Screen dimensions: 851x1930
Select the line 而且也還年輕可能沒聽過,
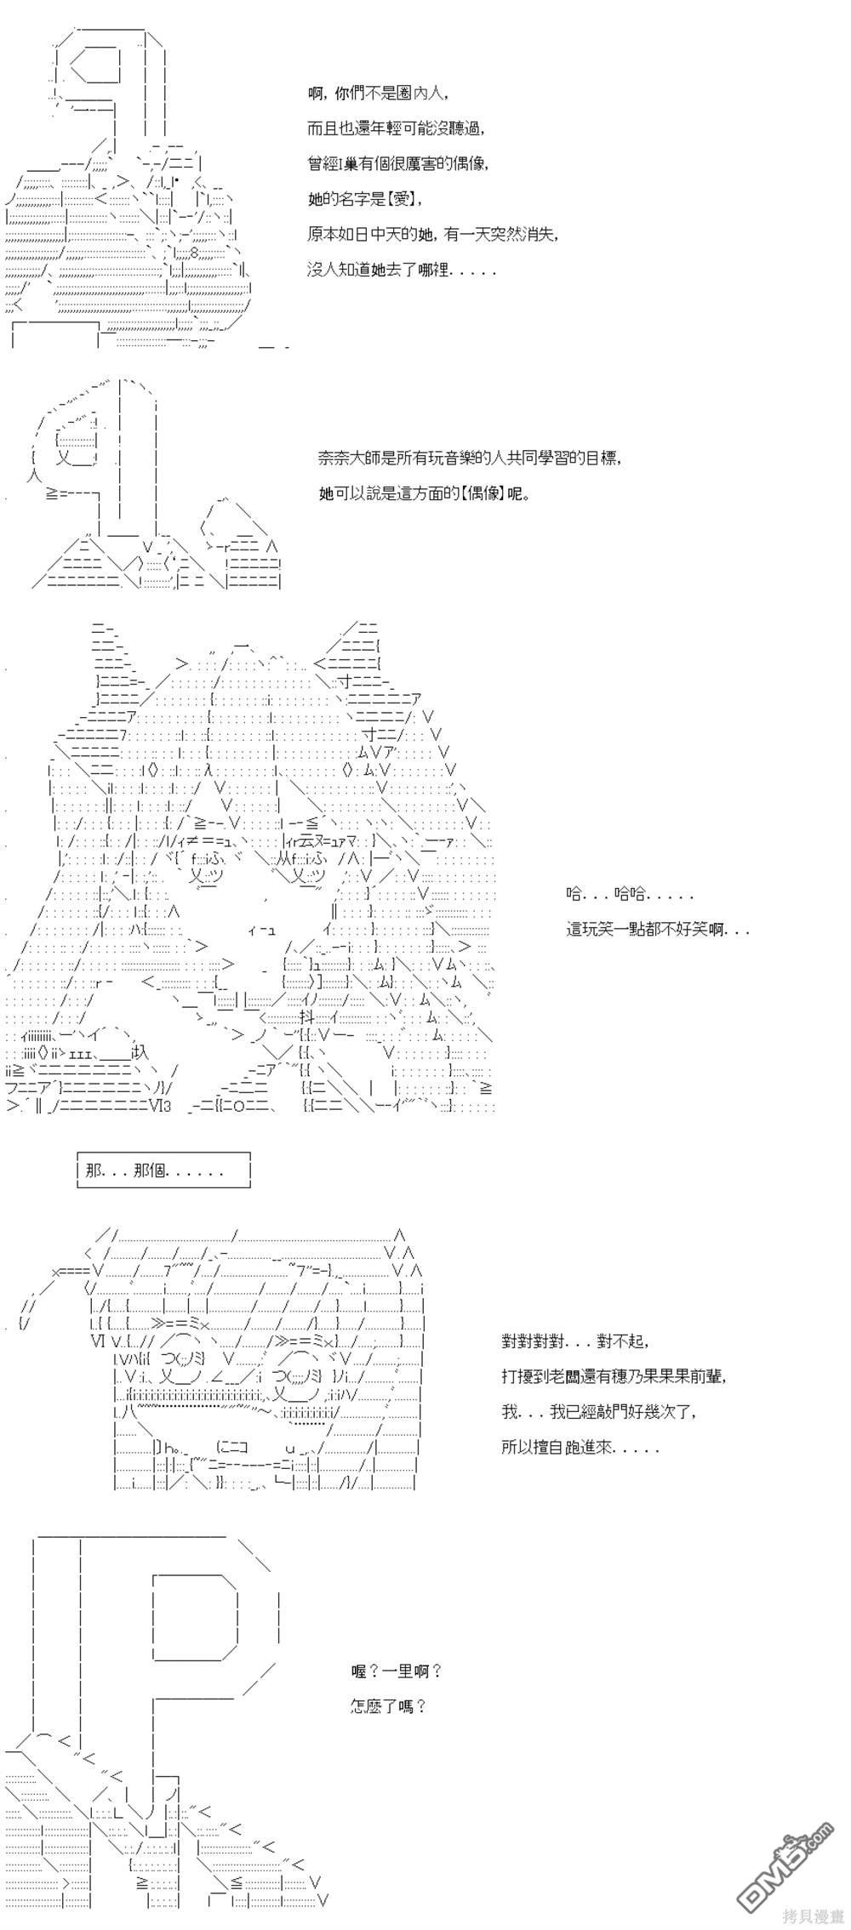[x=397, y=128]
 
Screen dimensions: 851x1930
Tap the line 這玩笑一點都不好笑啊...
[x=658, y=929]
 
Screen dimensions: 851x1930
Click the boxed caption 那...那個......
[x=164, y=1170]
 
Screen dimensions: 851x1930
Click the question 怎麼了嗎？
[x=388, y=1705]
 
